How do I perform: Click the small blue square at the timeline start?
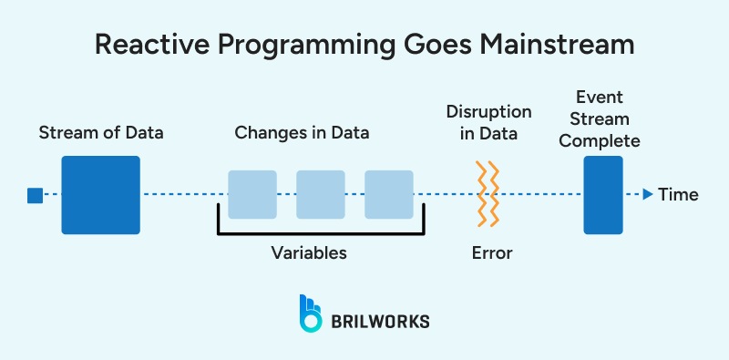pos(35,194)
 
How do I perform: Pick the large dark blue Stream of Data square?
pos(100,195)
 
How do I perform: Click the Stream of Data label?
pos(101,133)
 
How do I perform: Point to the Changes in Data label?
pos(302,133)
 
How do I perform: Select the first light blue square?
pos(252,194)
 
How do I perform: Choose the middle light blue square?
pos(321,194)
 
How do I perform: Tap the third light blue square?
pos(389,194)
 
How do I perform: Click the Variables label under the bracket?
pos(309,252)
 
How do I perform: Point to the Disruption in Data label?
pos(488,122)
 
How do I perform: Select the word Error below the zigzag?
pos(491,252)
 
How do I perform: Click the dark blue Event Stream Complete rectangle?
pos(603,194)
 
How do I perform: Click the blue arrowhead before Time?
pos(647,194)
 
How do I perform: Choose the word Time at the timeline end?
pos(678,194)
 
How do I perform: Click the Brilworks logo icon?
pos(311,313)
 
